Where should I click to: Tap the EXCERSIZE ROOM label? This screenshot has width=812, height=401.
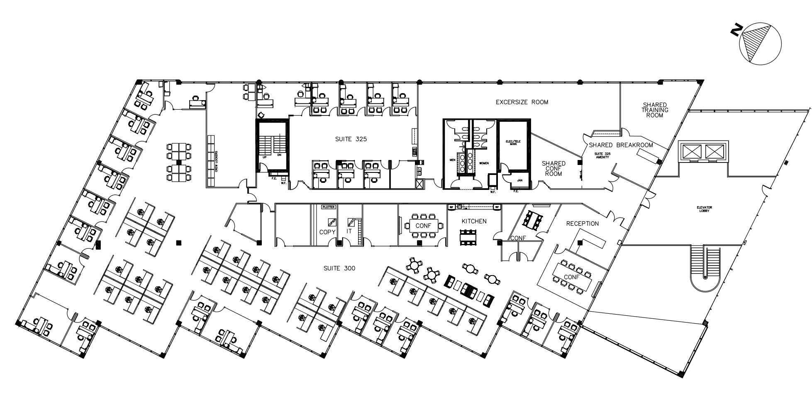(522, 102)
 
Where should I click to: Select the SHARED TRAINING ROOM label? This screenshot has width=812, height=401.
(655, 110)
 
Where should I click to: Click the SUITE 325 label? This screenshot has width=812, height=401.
(351, 139)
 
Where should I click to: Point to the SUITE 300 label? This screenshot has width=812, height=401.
(339, 268)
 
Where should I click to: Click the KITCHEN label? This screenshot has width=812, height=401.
(474, 221)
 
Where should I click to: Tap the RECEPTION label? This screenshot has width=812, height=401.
(582, 224)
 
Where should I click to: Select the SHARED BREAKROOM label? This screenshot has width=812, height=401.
(621, 145)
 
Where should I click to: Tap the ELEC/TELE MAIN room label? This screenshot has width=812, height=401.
(512, 142)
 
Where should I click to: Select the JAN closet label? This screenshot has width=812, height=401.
(519, 180)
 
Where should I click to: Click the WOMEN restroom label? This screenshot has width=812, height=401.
(484, 163)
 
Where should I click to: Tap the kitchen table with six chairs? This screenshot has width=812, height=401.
(469, 238)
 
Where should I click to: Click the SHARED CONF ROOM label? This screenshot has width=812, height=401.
(553, 168)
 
